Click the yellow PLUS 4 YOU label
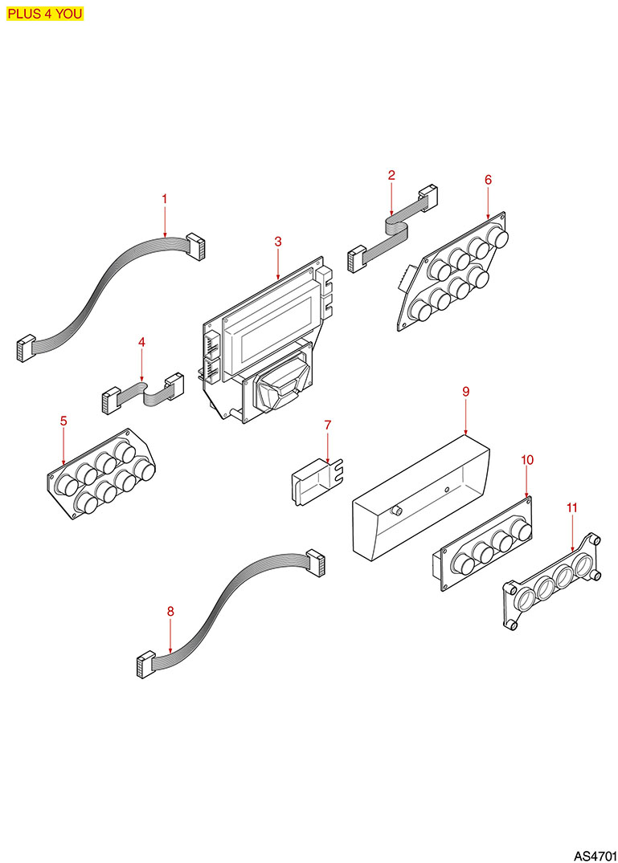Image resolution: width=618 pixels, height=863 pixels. [x=45, y=14]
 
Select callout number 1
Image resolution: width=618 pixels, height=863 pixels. [x=164, y=198]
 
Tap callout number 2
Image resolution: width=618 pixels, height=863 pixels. [x=391, y=175]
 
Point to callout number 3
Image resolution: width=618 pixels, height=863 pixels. [x=277, y=241]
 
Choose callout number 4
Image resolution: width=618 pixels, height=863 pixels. [x=141, y=342]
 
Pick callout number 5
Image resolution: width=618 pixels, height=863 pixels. [x=63, y=421]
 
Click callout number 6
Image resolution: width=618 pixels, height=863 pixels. [x=488, y=180]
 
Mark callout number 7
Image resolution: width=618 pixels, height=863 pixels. [x=328, y=425]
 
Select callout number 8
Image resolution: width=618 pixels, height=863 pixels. [x=170, y=611]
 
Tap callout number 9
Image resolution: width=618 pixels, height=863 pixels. [x=466, y=391]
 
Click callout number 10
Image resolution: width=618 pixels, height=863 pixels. [x=527, y=459]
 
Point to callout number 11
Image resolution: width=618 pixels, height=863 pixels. [x=572, y=507]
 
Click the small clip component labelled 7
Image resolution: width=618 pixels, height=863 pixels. [x=317, y=480]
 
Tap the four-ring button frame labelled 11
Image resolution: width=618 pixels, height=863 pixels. [x=552, y=581]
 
